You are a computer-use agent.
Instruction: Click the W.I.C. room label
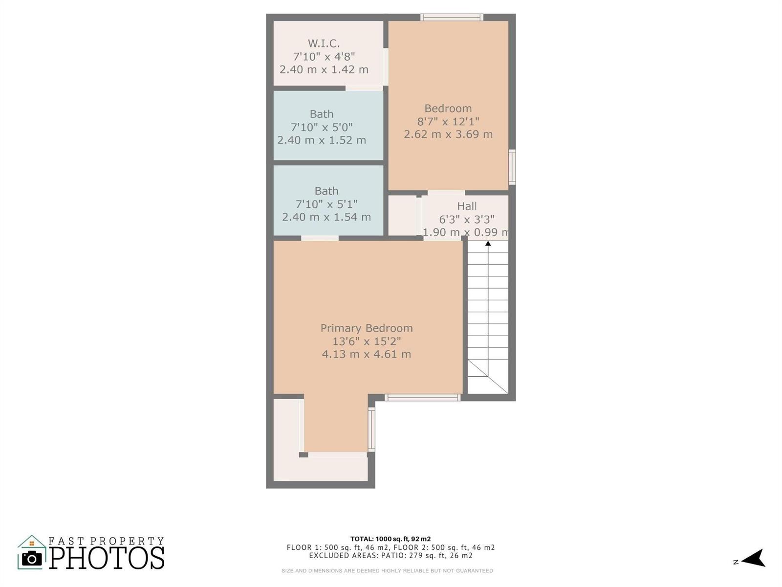pyautogui.click(x=324, y=44)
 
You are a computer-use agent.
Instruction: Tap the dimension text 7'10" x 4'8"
pyautogui.click(x=324, y=56)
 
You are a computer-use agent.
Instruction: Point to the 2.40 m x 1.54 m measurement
pyautogui.click(x=326, y=217)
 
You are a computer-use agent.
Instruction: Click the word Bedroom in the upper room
pyautogui.click(x=448, y=108)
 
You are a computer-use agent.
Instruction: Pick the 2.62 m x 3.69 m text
pyautogui.click(x=448, y=135)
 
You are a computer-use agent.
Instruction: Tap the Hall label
pyautogui.click(x=467, y=206)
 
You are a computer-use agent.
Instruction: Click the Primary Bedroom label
pyautogui.click(x=367, y=328)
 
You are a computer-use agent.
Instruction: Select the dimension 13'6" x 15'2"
pyautogui.click(x=367, y=341)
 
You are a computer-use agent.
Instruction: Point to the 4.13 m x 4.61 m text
pyautogui.click(x=367, y=354)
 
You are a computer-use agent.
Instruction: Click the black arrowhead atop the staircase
pyautogui.click(x=488, y=244)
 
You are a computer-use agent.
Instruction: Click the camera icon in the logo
pyautogui.click(x=32, y=559)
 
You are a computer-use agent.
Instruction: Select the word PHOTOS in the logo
pyautogui.click(x=107, y=558)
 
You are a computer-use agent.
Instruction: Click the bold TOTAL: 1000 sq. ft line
pyautogui.click(x=391, y=539)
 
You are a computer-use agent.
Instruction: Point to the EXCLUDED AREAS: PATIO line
pyautogui.click(x=391, y=555)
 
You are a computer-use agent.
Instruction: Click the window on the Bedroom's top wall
pyautogui.click(x=452, y=17)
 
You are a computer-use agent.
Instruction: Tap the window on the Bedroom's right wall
pyautogui.click(x=512, y=167)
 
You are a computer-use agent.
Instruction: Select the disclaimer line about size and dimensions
pyautogui.click(x=387, y=570)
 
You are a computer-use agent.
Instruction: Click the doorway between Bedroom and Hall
pyautogui.click(x=446, y=193)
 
